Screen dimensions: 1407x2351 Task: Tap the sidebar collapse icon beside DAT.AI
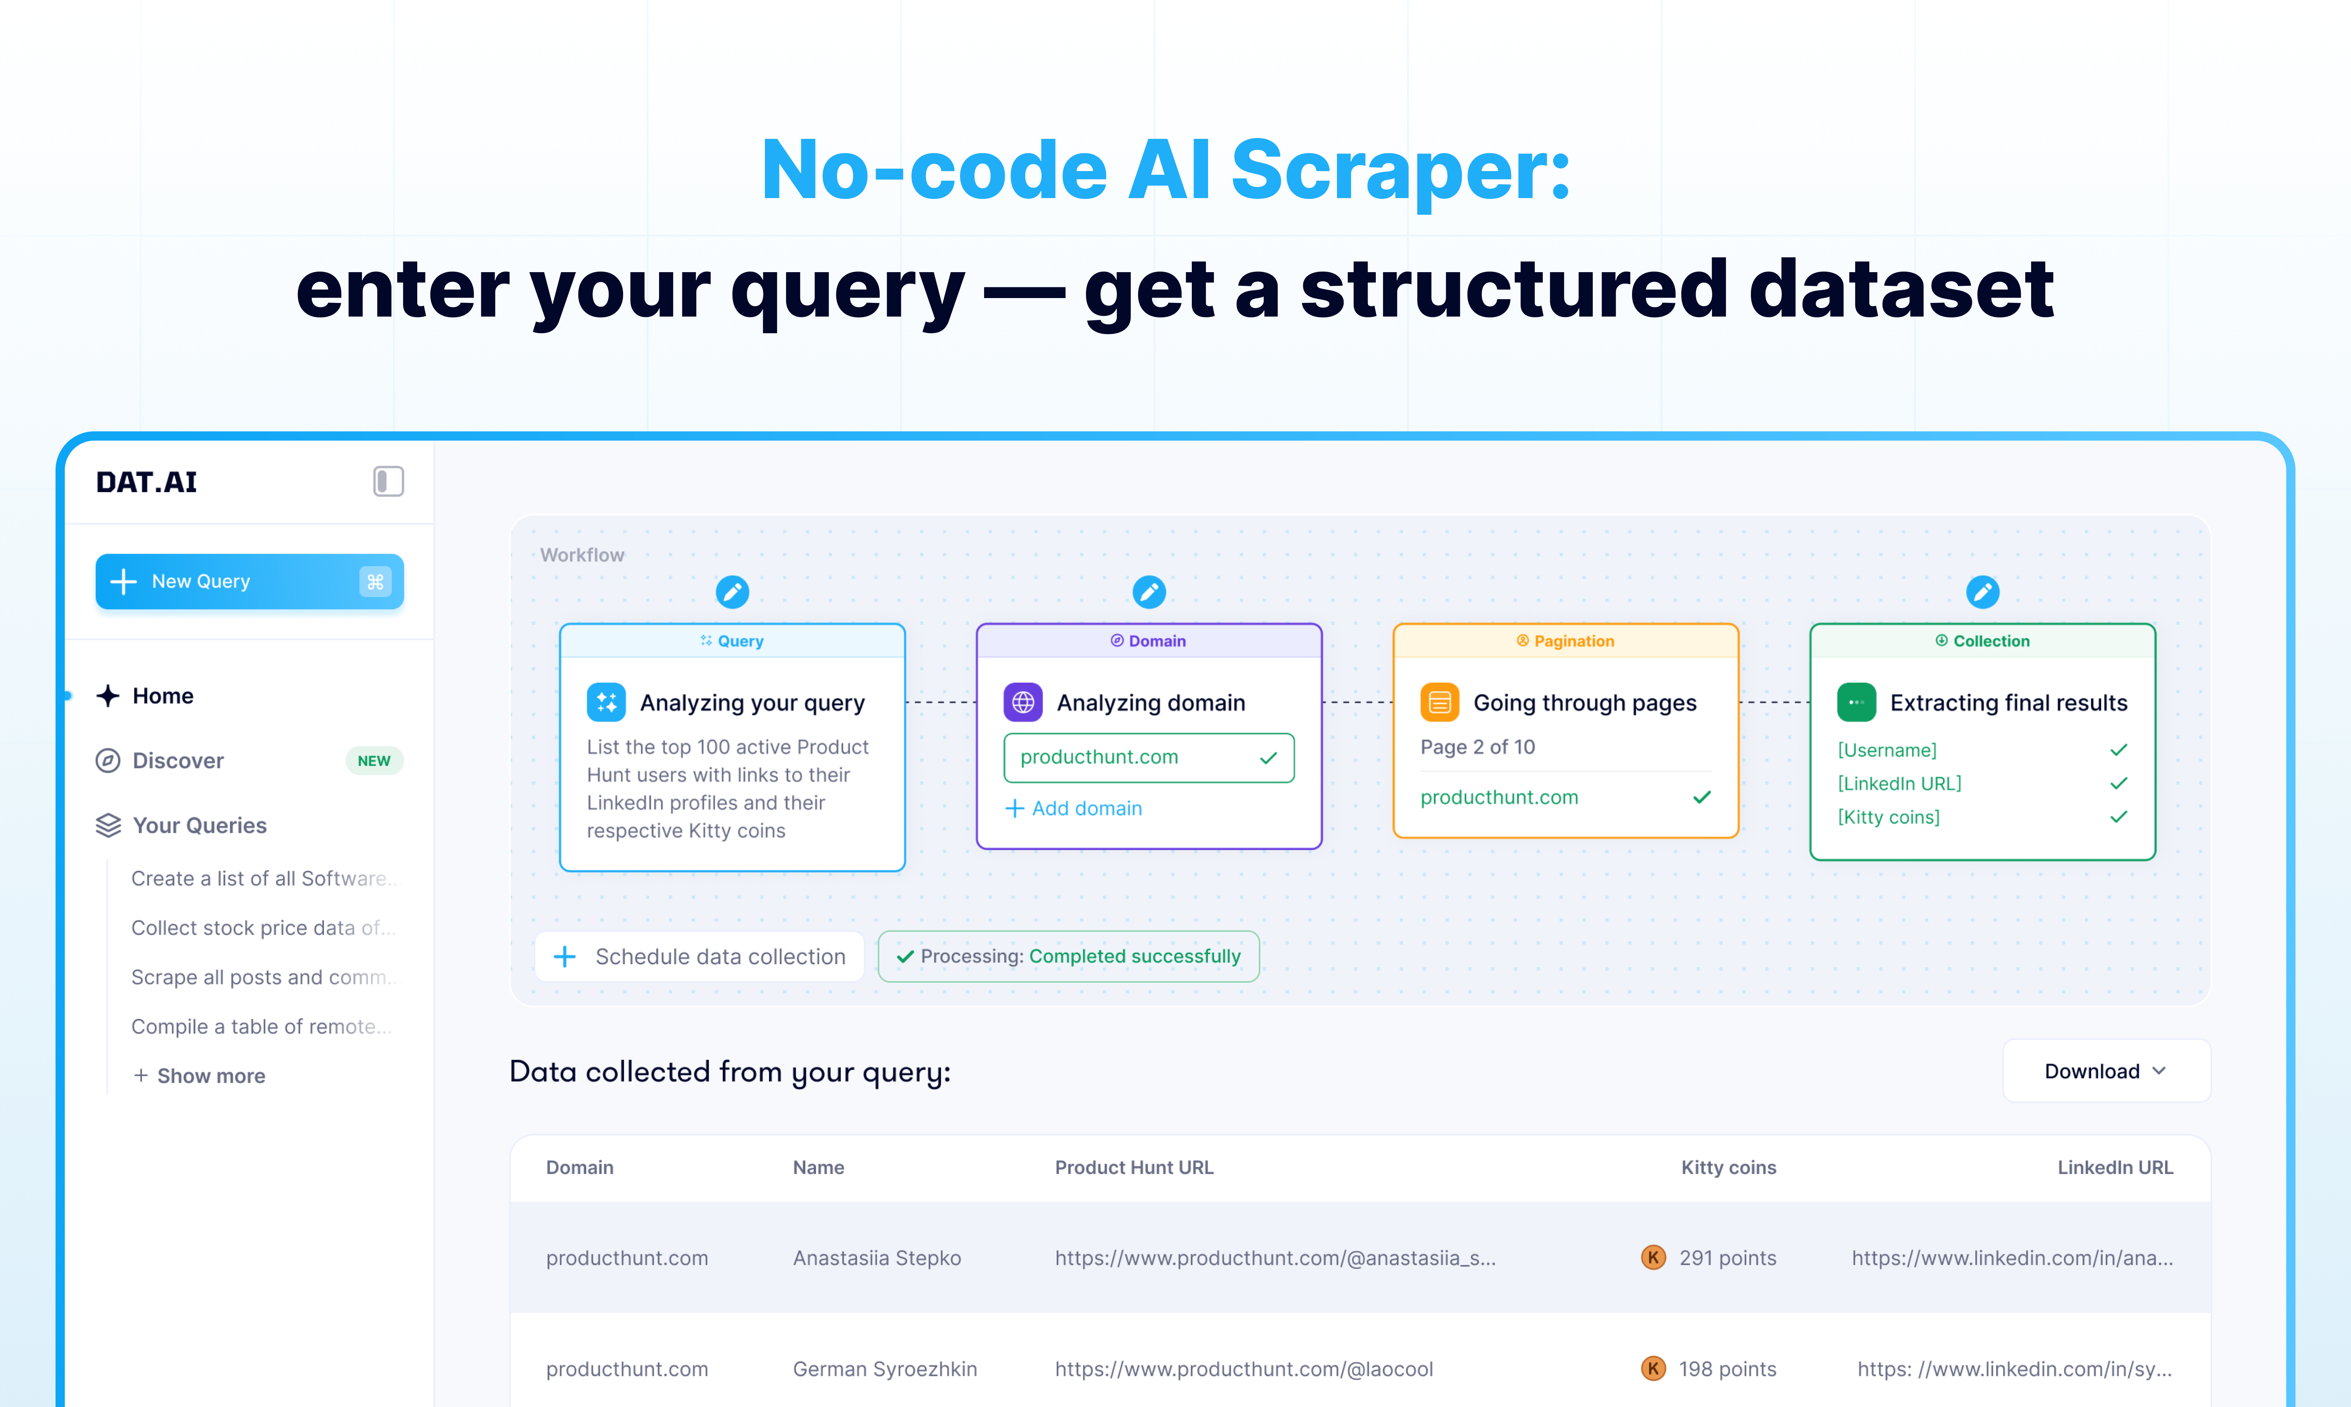(388, 482)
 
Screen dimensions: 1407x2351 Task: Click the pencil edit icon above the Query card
(732, 592)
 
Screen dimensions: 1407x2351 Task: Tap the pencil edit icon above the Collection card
(1982, 592)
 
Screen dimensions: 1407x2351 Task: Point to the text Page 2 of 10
(1477, 747)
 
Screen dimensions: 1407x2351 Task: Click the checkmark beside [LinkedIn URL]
(2119, 783)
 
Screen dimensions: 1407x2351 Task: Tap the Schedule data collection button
(700, 957)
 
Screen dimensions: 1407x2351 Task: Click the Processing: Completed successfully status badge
(1069, 957)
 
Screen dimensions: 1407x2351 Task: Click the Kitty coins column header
(1728, 1167)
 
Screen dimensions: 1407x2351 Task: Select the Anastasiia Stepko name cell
(877, 1258)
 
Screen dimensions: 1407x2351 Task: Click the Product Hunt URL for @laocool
(1244, 1369)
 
